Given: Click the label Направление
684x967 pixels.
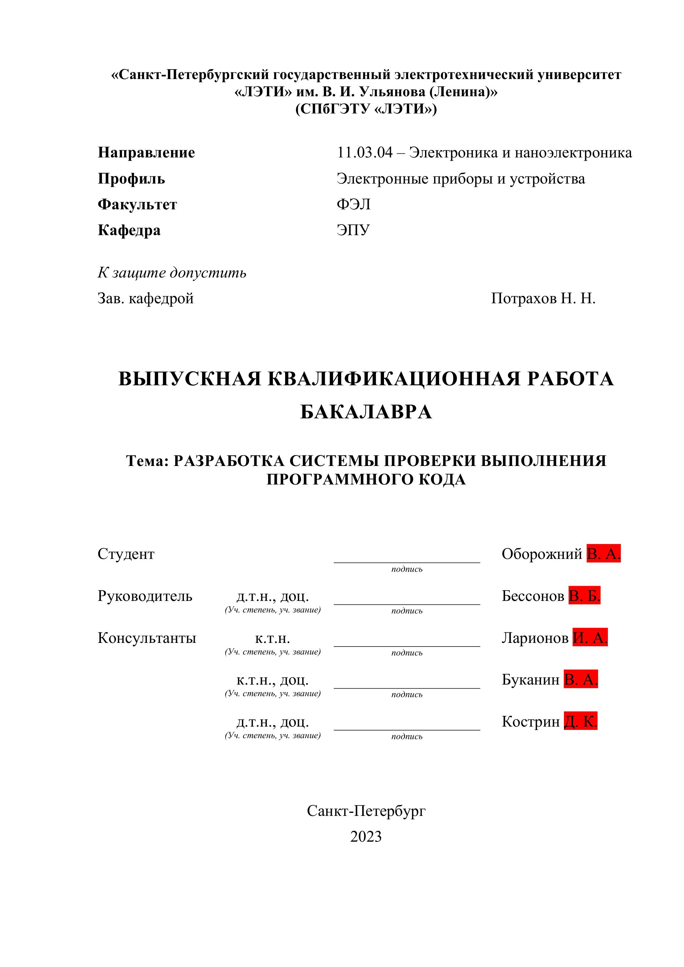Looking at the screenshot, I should pos(146,152).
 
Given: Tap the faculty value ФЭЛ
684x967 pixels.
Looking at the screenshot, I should pos(353,204).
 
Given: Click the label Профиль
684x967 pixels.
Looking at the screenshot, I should pos(131,179).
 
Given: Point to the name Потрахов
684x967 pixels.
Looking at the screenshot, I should pos(524,298).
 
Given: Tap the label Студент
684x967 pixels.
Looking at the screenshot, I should pos(126,554).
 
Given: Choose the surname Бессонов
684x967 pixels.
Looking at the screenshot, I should pos(533,596).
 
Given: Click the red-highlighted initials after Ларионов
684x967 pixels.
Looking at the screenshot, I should pos(590,638).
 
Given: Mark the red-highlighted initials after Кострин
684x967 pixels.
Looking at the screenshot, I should pos(580,722).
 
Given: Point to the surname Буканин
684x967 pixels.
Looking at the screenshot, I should pos(530,680).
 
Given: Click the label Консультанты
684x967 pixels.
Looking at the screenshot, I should pos(147,638).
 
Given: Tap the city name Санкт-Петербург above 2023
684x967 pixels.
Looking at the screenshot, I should pos(365,811).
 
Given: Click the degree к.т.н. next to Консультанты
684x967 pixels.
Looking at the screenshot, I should pos(273,639).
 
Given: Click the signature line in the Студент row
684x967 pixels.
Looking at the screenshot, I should pos(406,562).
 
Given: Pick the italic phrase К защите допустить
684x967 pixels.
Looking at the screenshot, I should pos(172,273).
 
